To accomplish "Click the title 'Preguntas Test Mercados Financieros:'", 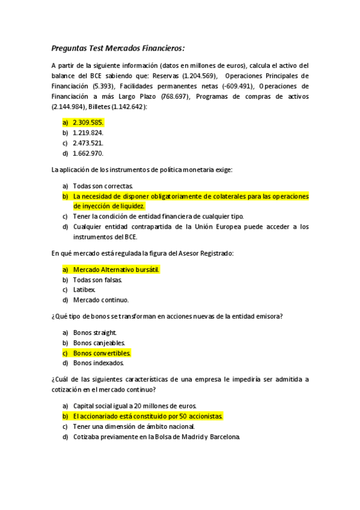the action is coord(118,48).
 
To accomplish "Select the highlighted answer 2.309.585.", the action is coord(88,121).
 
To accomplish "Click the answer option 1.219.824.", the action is coord(88,132).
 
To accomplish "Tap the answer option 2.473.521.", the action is coord(88,143).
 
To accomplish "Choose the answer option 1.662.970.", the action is coord(88,153).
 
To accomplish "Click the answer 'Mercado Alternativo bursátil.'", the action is coord(116,269).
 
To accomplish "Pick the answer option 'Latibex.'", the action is coord(84,290).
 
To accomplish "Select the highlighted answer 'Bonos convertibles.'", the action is coord(102,353).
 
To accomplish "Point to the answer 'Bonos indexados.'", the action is coord(99,363).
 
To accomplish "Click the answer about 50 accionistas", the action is coord(148,416).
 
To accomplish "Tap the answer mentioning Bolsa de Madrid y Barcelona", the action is coord(156,437).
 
